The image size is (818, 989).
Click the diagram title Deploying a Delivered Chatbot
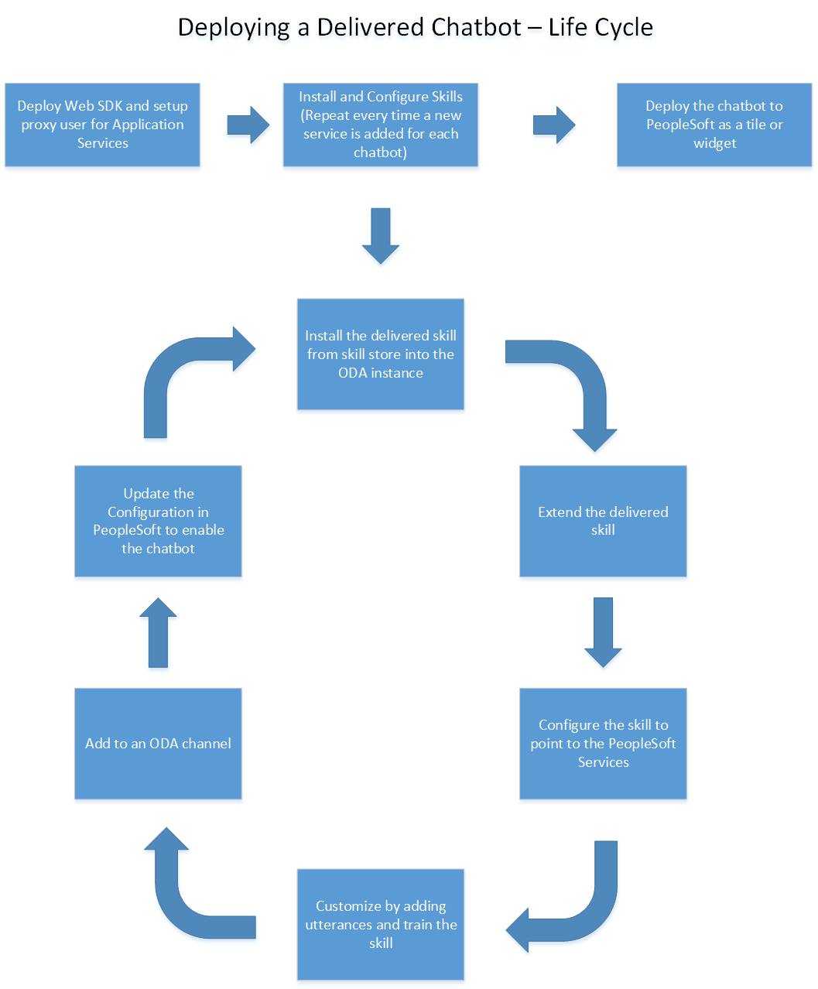(x=349, y=28)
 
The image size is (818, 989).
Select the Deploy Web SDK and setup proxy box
(x=102, y=125)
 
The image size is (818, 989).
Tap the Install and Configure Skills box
(x=380, y=125)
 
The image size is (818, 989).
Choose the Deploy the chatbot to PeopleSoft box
(x=714, y=125)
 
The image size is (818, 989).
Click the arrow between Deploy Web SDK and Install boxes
(x=248, y=125)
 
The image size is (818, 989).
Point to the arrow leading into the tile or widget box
(x=553, y=125)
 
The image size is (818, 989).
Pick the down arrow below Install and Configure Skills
(x=380, y=235)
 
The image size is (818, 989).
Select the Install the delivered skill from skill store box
(x=380, y=354)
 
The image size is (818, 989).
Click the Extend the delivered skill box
(x=602, y=521)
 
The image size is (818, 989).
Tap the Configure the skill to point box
(x=602, y=743)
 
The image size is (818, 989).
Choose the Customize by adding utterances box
(x=380, y=924)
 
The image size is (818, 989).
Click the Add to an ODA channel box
(x=158, y=743)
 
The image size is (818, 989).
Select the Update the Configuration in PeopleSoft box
(x=158, y=521)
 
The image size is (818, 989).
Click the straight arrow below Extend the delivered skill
(x=602, y=631)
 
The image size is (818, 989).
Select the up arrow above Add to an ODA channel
(x=158, y=631)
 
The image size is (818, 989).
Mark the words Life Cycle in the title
(x=601, y=28)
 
